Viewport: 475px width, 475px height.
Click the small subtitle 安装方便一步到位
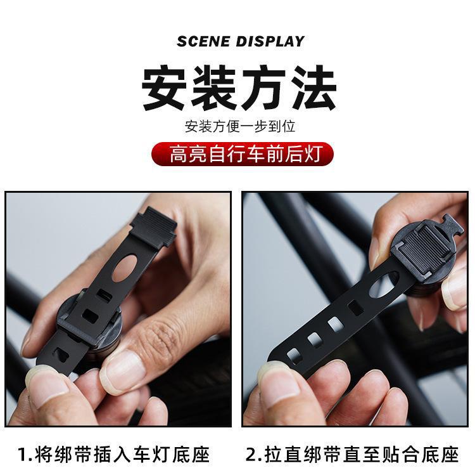pos(240,126)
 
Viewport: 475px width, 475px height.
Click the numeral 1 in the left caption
pos(23,454)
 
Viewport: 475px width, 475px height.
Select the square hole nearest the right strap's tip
pos(294,352)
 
